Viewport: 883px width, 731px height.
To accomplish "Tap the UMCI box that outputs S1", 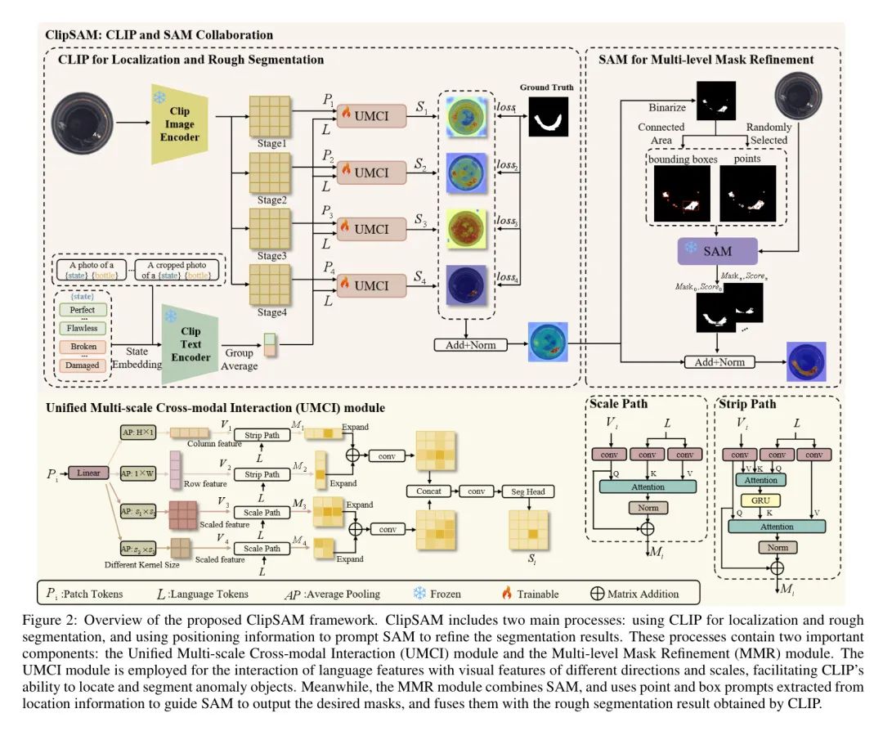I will click(x=370, y=117).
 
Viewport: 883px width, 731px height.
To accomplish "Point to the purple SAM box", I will click(x=717, y=251).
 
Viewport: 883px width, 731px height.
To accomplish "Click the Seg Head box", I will click(x=528, y=491).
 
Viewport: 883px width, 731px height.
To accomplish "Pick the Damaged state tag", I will click(x=83, y=365).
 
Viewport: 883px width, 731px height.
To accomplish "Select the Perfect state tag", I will click(x=83, y=310).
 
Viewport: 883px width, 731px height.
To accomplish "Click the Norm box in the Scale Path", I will click(x=648, y=509).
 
